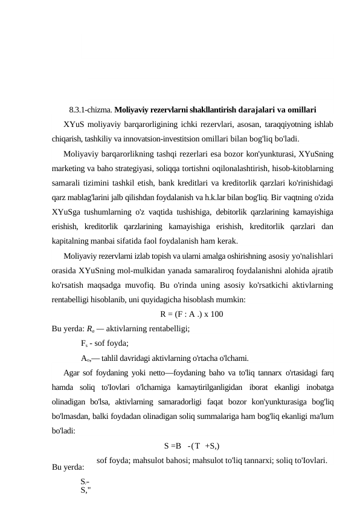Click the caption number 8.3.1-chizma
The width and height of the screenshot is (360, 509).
[x=91, y=111]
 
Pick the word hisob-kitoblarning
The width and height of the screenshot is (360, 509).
[x=305, y=166]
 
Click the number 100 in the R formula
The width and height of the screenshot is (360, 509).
[x=219, y=314]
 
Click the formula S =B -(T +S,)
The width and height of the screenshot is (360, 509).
[x=191, y=447]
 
